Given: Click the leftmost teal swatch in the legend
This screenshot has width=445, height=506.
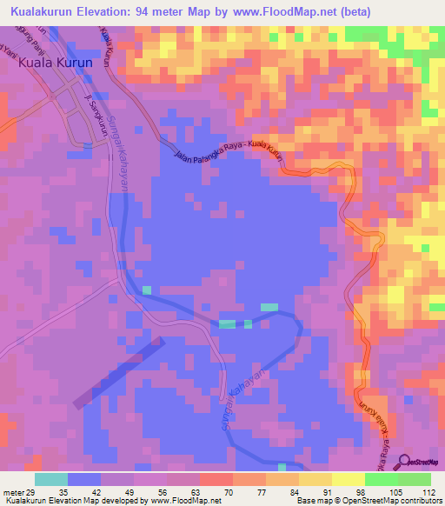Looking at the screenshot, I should pos(50,478).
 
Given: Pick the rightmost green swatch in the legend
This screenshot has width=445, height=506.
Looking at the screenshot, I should pos(415,478).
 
